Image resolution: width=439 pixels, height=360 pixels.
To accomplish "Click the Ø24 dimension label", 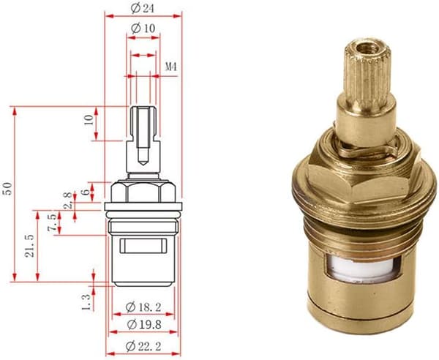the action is [x=142, y=9].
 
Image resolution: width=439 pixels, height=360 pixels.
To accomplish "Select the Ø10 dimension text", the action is [x=143, y=28].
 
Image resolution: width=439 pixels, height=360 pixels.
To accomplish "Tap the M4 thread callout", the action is [x=170, y=67].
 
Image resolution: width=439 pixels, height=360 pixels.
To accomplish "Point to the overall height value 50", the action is [x=8, y=188].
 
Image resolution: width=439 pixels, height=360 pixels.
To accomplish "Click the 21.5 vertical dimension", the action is [x=29, y=246].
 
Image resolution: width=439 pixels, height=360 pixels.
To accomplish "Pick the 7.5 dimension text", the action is [x=52, y=222].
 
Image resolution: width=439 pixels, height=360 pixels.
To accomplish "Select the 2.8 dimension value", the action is [x=68, y=200].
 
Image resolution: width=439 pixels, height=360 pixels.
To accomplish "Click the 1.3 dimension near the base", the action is [x=86, y=302].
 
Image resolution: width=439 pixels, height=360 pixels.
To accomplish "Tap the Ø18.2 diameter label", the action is [x=143, y=307].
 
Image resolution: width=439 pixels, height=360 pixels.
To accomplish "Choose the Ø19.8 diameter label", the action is [x=144, y=325].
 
